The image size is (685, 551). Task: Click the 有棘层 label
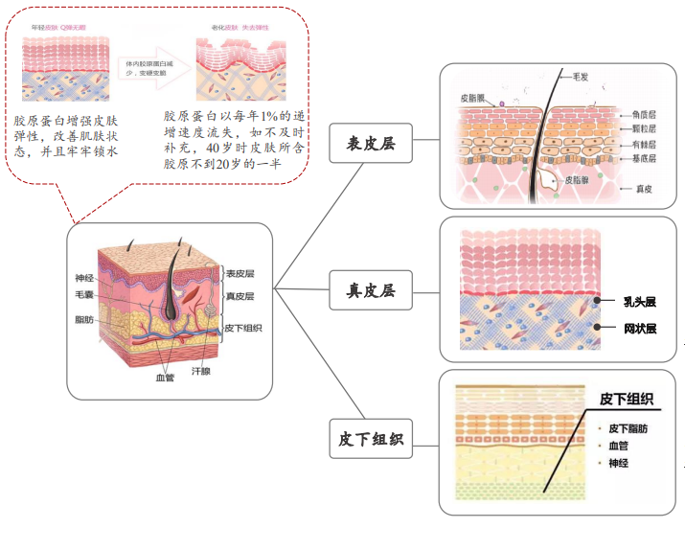(643, 145)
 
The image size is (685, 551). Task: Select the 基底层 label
(643, 159)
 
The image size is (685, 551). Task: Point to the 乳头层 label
(639, 301)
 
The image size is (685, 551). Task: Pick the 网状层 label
(639, 329)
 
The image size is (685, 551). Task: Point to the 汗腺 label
(201, 369)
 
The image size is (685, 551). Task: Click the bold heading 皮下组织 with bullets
(627, 399)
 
